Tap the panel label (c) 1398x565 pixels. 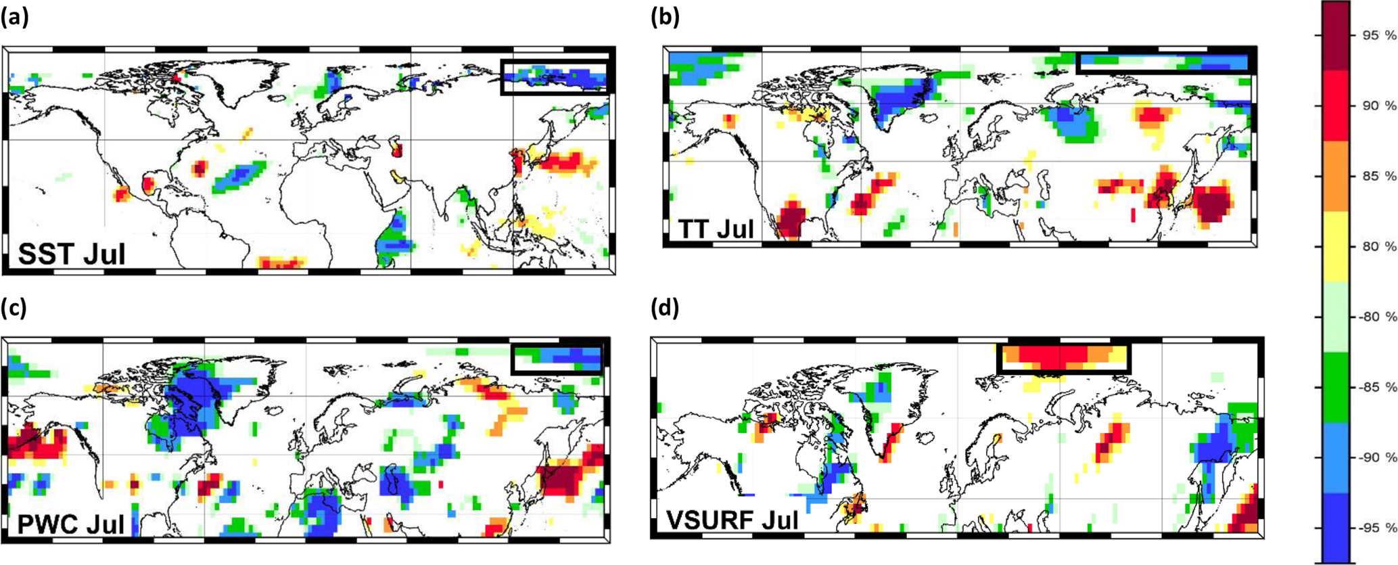point(14,308)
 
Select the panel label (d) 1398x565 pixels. point(665,308)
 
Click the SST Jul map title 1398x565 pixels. point(71,254)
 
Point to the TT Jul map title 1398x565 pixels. point(716,229)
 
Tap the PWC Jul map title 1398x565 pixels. point(70,524)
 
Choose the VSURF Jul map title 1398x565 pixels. point(732,520)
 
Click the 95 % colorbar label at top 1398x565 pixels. point(1378,36)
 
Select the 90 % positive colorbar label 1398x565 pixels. point(1378,106)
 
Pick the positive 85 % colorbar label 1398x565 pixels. point(1378,177)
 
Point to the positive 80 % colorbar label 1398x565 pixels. point(1378,247)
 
